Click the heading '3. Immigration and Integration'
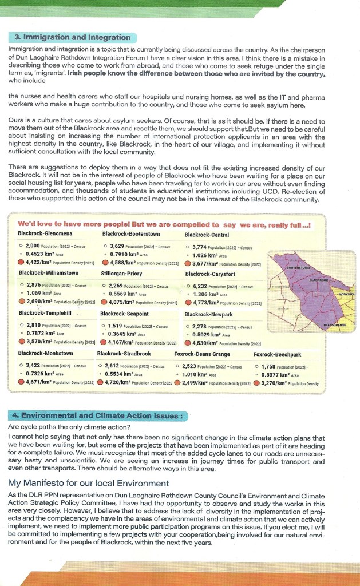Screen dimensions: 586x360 [72, 37]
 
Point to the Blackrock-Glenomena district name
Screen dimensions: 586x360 [45, 235]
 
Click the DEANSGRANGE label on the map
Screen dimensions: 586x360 [335, 324]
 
